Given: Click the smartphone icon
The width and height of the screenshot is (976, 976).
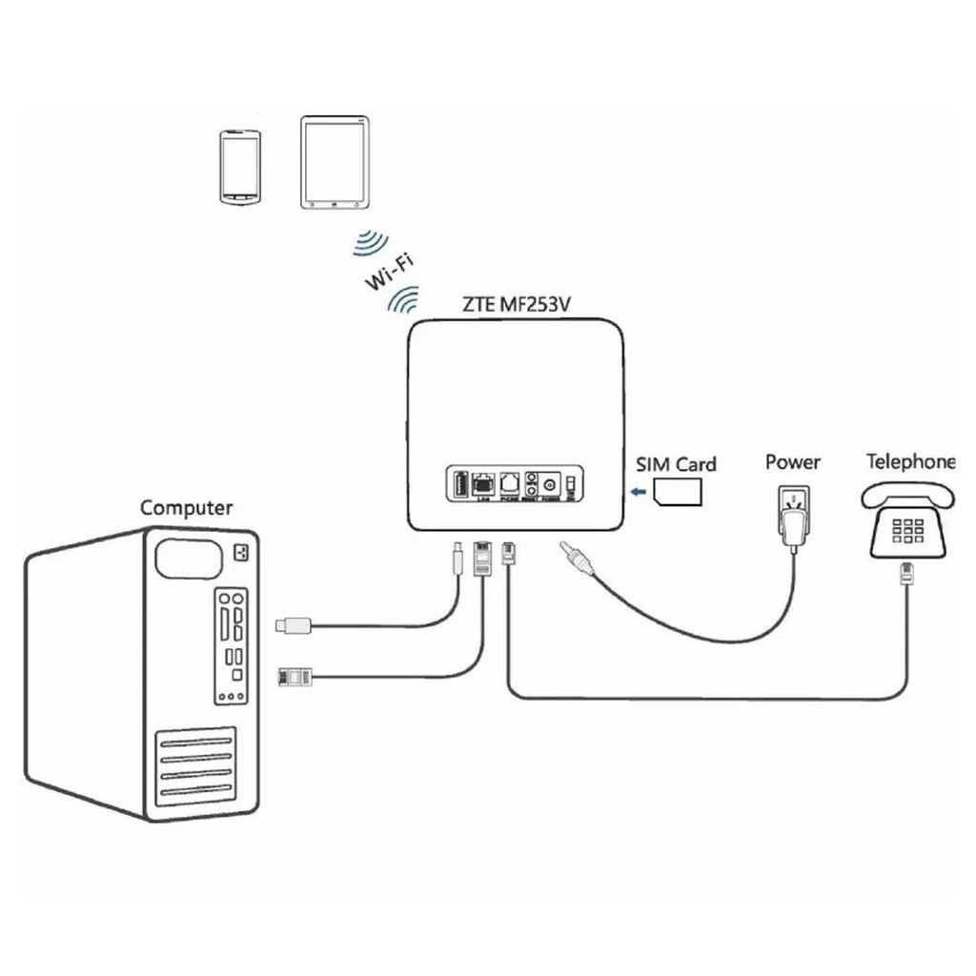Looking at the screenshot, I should (238, 168).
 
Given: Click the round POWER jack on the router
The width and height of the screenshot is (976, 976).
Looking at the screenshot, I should (549, 487).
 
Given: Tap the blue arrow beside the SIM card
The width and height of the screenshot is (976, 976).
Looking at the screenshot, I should (638, 492).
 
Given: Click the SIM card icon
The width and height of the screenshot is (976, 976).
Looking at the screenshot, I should (678, 492).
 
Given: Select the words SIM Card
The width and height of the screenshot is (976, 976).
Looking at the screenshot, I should (676, 464).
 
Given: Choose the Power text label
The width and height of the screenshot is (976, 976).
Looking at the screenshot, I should (793, 462).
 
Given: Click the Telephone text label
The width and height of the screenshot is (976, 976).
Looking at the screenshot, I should (910, 462).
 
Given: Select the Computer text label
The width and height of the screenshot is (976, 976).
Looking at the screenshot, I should (186, 507).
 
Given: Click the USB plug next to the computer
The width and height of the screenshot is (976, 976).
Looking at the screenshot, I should (292, 625).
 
